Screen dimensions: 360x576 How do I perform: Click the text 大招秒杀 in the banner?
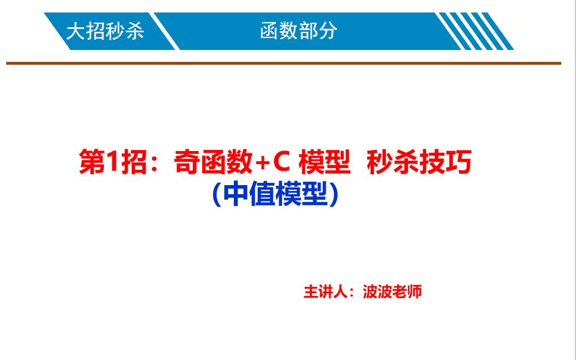click(x=105, y=31)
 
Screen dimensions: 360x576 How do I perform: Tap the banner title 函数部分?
click(x=298, y=31)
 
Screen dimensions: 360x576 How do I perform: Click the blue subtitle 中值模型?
click(x=275, y=195)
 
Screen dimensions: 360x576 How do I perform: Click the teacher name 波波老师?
click(x=393, y=292)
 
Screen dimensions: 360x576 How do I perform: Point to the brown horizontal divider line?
click(x=284, y=63)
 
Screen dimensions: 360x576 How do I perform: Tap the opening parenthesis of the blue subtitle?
click(x=216, y=195)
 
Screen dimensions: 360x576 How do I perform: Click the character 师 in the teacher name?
click(x=415, y=292)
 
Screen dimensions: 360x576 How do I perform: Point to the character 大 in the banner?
click(x=75, y=31)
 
